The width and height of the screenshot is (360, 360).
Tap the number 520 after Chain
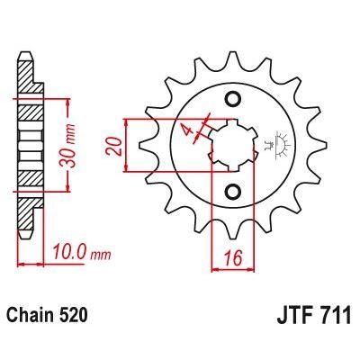click(73, 316)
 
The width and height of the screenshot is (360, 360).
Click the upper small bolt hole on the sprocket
click(233, 98)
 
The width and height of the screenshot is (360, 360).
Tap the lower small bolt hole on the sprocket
click(233, 190)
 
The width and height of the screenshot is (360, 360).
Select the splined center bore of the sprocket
click(232, 144)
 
